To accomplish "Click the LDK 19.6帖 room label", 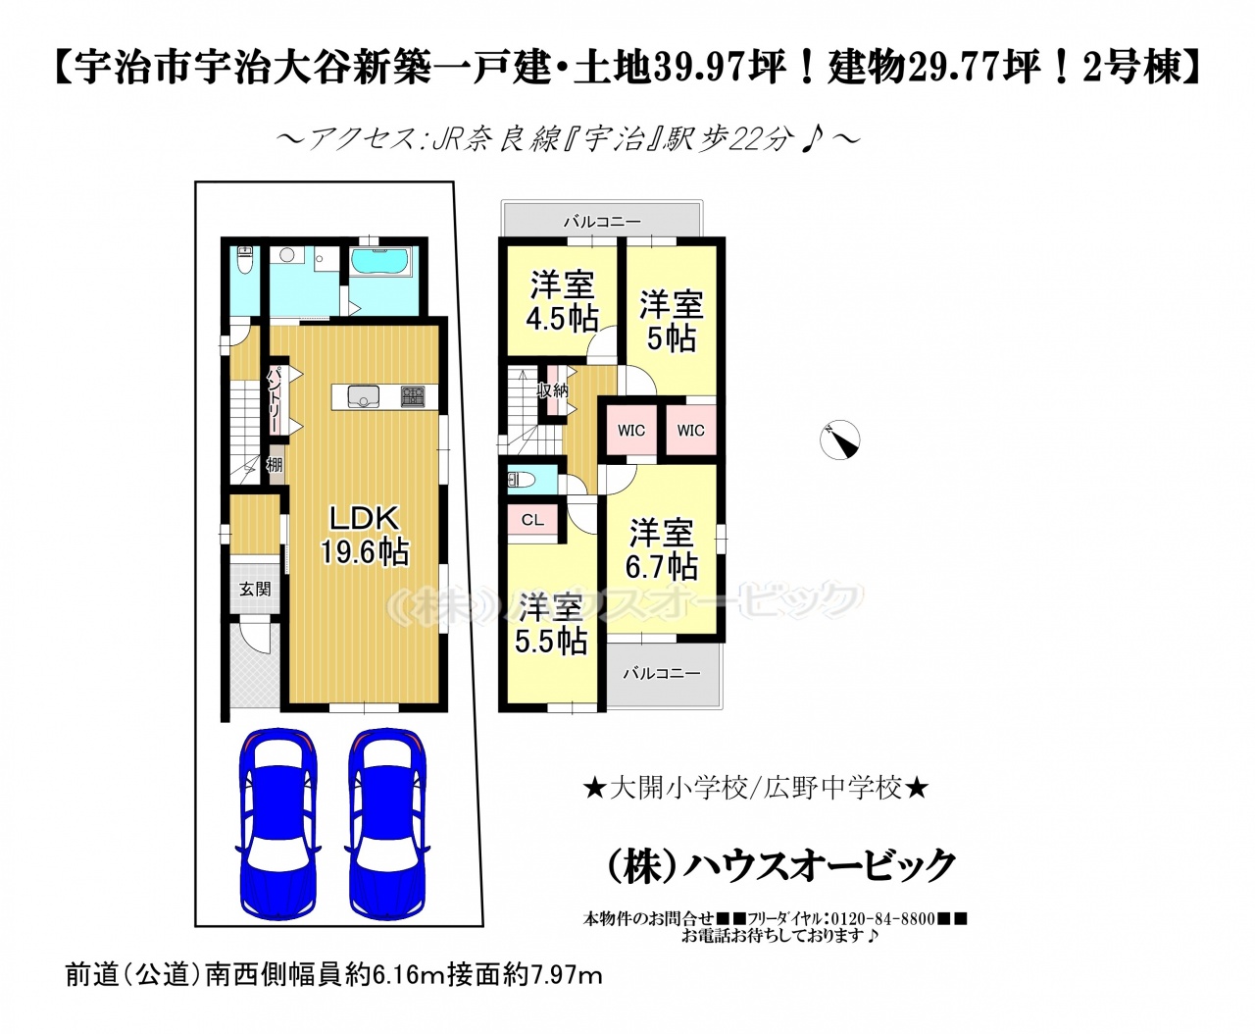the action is [364, 535].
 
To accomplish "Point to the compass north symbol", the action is [839, 439].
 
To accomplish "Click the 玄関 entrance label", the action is [256, 589].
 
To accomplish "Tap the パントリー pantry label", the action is [275, 399].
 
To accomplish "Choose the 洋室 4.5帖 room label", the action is [562, 301].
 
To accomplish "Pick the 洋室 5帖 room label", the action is [672, 321].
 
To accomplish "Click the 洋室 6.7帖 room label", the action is [661, 549].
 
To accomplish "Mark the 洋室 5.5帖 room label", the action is [551, 624].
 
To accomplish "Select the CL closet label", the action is [532, 520].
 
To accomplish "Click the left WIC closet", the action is [631, 430].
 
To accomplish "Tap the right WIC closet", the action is [690, 430].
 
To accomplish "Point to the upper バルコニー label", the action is [602, 222].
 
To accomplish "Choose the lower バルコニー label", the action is [661, 673].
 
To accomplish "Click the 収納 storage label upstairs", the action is [552, 390].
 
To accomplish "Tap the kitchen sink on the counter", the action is [364, 396].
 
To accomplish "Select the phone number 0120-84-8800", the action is [882, 935].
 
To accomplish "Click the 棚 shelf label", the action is [275, 464].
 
